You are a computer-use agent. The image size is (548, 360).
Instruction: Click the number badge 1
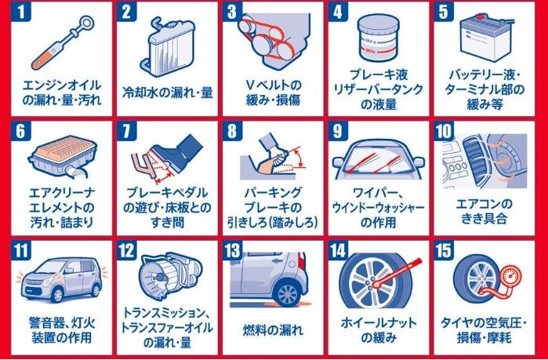click(21, 12)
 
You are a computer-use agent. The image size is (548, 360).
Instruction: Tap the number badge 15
click(444, 251)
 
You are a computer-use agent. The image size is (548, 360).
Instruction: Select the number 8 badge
click(232, 131)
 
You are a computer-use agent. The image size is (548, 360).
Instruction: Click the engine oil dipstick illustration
click(63, 43)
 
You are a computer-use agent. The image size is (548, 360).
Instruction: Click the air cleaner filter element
click(63, 150)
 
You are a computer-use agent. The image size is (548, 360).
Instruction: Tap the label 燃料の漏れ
click(273, 330)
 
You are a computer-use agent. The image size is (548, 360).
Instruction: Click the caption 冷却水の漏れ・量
click(168, 93)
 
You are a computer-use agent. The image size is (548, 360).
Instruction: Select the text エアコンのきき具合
click(484, 211)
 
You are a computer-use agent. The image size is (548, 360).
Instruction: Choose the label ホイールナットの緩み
click(379, 330)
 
